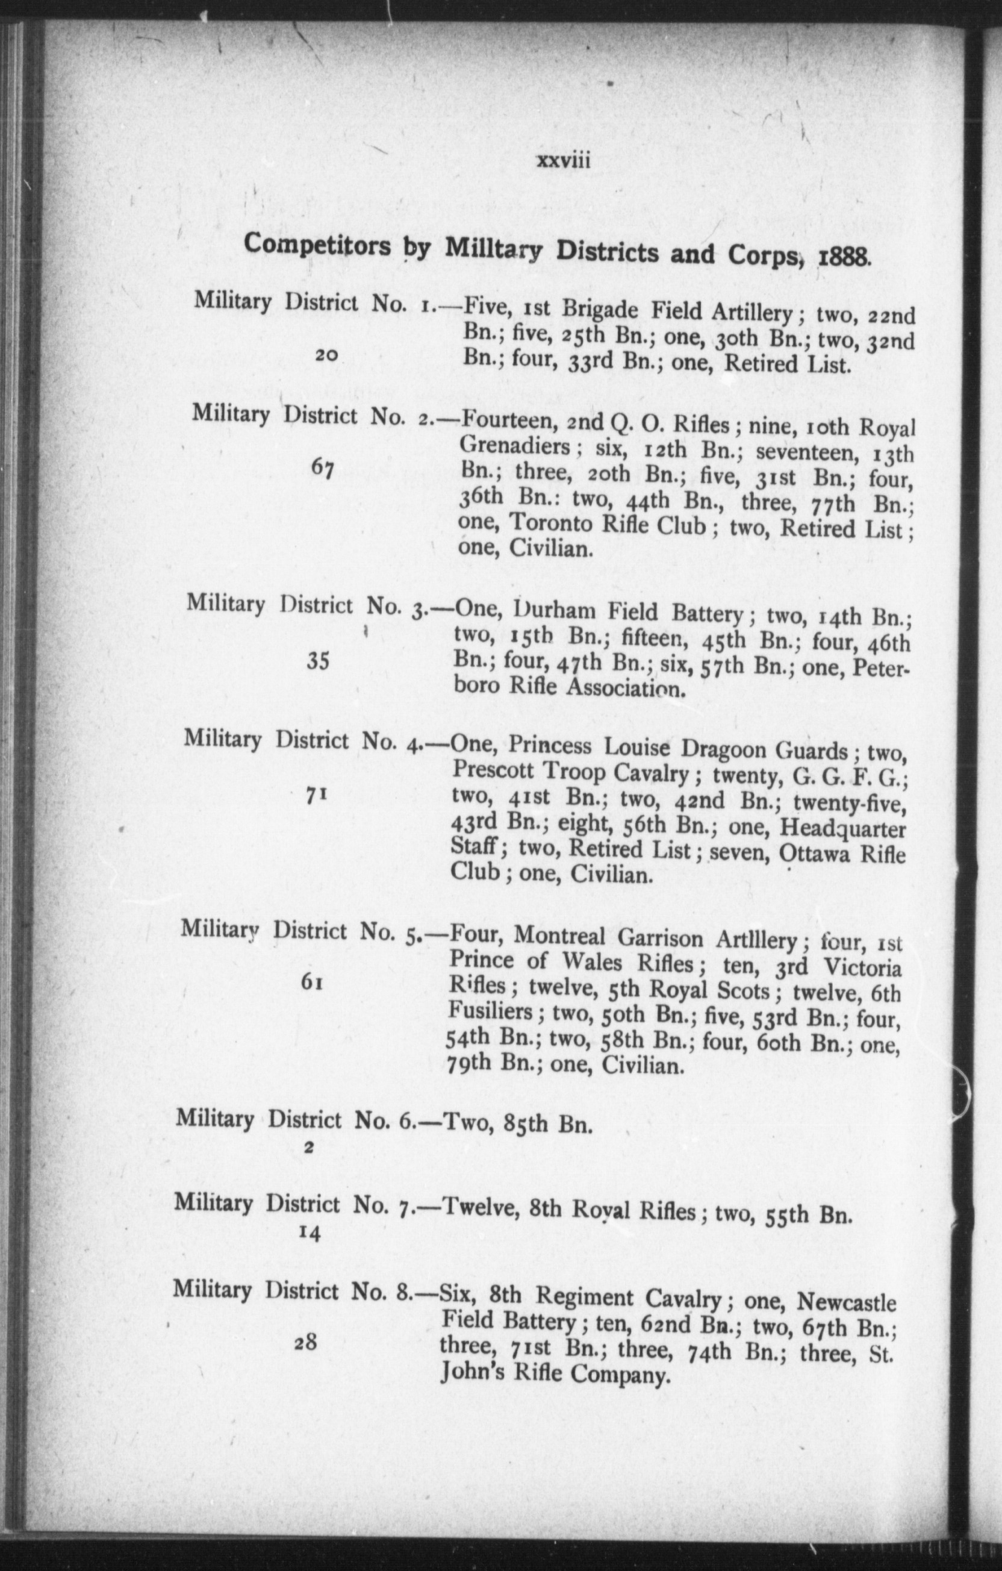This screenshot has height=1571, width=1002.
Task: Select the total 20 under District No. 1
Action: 326,355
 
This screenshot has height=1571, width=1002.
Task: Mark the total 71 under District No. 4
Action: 316,795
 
